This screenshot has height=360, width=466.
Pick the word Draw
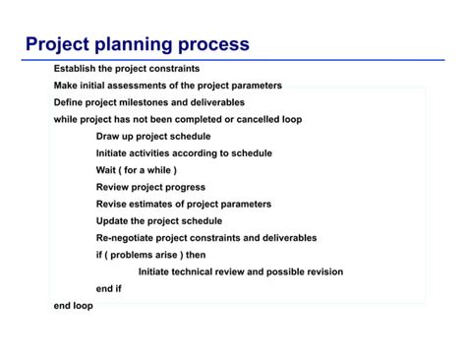pos(108,136)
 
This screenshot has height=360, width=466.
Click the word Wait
pos(107,170)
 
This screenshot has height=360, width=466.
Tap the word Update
pos(113,221)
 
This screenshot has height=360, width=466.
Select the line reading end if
pos(108,288)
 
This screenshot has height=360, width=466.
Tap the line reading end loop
pos(73,306)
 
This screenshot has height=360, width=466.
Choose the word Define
pos(70,102)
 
